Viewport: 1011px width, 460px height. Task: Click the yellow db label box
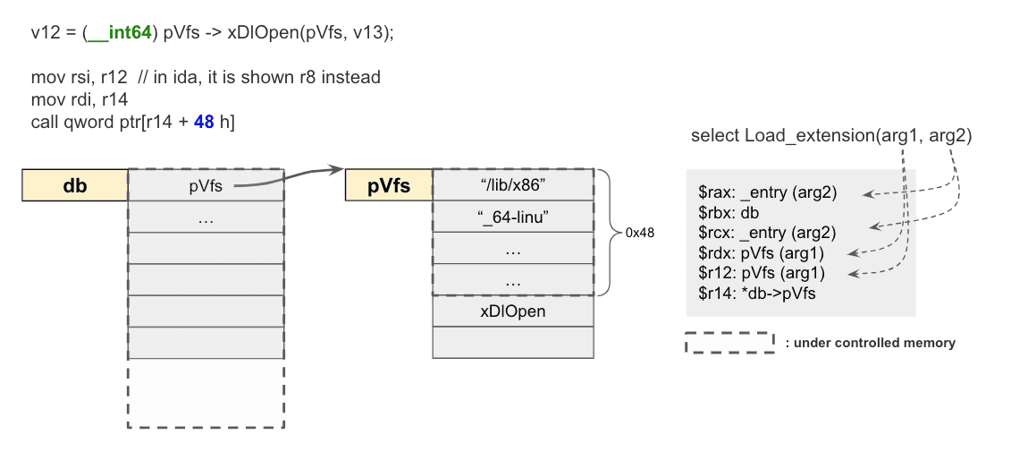[75, 185]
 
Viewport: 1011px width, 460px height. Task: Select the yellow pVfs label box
[389, 185]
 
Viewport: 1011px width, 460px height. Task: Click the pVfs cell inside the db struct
[206, 185]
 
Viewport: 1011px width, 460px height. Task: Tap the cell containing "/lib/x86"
[512, 185]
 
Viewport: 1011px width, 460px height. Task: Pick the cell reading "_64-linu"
[512, 217]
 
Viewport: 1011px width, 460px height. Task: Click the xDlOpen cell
[512, 311]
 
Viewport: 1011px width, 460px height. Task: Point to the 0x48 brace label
[639, 233]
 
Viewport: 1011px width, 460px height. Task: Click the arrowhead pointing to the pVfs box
[337, 170]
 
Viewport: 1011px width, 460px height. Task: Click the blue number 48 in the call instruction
[204, 121]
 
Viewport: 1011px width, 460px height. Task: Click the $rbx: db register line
[729, 212]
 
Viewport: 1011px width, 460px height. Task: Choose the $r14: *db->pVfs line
[756, 293]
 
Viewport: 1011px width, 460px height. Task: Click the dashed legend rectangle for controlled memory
[729, 343]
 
